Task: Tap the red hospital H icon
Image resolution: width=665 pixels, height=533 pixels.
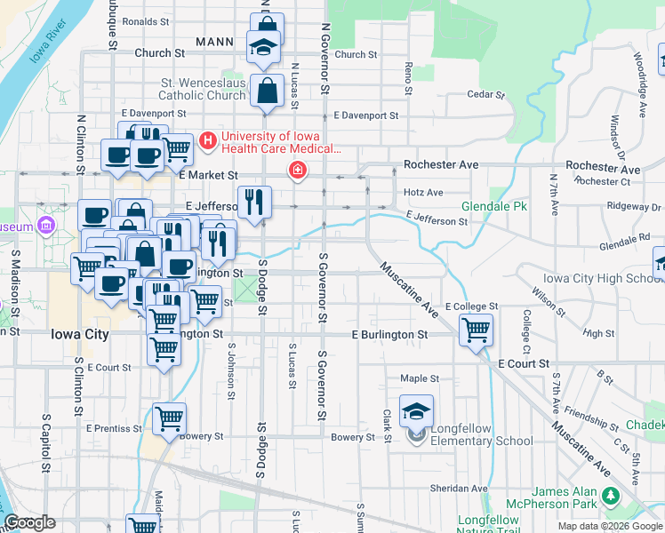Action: click(x=209, y=140)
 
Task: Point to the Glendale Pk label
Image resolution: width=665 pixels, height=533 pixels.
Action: click(x=482, y=206)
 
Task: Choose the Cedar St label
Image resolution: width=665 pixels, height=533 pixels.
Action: click(x=485, y=94)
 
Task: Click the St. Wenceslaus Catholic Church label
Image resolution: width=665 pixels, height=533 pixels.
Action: click(x=203, y=89)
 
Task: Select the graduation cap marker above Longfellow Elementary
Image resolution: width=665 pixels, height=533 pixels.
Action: click(x=416, y=411)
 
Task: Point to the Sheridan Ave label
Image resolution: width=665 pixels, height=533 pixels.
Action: click(x=459, y=489)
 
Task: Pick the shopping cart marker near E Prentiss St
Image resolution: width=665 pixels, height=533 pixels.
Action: click(x=169, y=418)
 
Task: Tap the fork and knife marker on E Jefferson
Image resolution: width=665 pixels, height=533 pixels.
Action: click(x=254, y=202)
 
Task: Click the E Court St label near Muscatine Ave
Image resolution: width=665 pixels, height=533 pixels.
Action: click(x=524, y=364)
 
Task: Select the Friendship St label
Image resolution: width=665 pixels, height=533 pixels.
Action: click(x=584, y=414)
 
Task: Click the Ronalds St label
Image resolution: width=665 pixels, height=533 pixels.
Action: click(x=146, y=21)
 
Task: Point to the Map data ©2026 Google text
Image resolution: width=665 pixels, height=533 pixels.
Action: click(x=609, y=526)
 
